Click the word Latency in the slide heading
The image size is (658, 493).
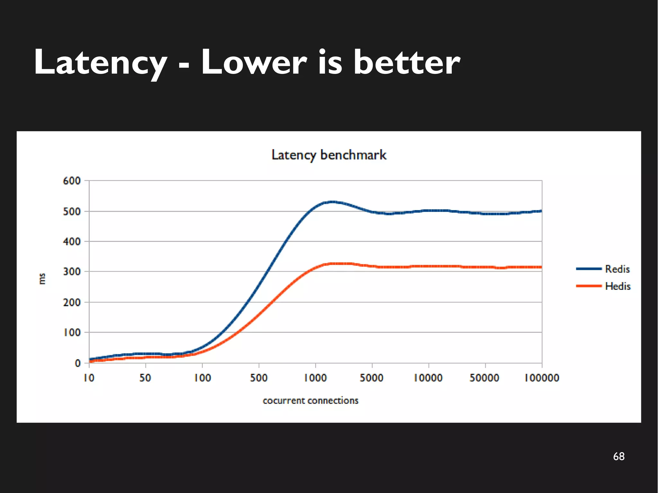tap(100, 63)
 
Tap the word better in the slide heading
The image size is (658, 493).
tap(406, 63)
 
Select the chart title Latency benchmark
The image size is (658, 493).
tap(329, 155)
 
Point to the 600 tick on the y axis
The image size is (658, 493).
tap(72, 181)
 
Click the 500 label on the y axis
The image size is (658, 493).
tap(72, 211)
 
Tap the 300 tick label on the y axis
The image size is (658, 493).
tap(72, 272)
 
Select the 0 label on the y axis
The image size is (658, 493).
tap(78, 363)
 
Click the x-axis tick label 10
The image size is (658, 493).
tap(89, 378)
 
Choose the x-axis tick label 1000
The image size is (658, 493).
tap(315, 378)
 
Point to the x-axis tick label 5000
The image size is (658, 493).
tap(371, 378)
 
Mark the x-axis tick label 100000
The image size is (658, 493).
tap(542, 378)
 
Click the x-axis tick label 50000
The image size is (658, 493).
tap(485, 378)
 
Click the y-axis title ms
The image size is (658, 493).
tap(42, 278)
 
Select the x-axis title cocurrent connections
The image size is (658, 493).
tap(310, 401)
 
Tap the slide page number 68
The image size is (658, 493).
tap(618, 456)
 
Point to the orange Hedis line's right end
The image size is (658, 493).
tap(541, 267)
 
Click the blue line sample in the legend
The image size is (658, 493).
tap(589, 269)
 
